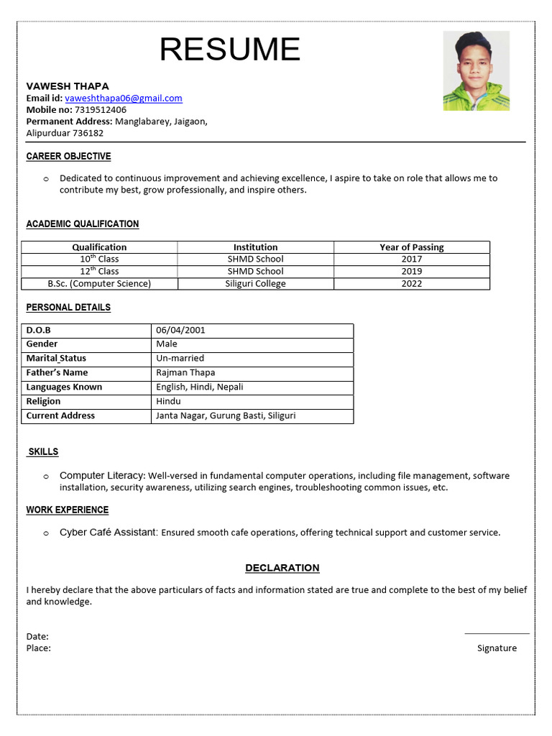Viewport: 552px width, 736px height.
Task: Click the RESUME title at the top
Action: pyautogui.click(x=229, y=50)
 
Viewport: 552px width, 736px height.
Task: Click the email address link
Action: pyautogui.click(x=123, y=98)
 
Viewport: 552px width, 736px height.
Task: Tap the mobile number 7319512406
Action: pyautogui.click(x=100, y=110)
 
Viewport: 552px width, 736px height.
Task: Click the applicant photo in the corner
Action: pyautogui.click(x=476, y=70)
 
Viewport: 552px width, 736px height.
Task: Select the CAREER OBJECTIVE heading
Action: pyautogui.click(x=68, y=157)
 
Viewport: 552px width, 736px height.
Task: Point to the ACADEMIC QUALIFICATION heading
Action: pyautogui.click(x=83, y=224)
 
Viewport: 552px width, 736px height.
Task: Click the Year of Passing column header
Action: pyautogui.click(x=412, y=247)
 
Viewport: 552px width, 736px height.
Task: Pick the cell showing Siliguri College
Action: pyautogui.click(x=255, y=283)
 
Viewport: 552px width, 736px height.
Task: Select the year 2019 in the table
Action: pyautogui.click(x=412, y=271)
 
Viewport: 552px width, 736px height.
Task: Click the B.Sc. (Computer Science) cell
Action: pyautogui.click(x=99, y=283)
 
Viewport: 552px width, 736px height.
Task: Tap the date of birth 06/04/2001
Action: pyautogui.click(x=180, y=330)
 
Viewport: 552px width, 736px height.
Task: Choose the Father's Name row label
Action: pyautogui.click(x=57, y=372)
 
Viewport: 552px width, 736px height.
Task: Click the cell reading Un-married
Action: pyautogui.click(x=180, y=358)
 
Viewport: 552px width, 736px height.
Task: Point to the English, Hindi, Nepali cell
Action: pyautogui.click(x=199, y=387)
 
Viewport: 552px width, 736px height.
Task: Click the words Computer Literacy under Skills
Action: pyautogui.click(x=102, y=476)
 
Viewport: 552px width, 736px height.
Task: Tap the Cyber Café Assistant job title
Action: pyautogui.click(x=108, y=533)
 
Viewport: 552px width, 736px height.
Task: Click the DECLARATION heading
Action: pyautogui.click(x=282, y=568)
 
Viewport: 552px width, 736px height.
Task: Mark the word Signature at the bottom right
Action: pyautogui.click(x=497, y=648)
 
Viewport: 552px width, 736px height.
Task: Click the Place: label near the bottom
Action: pyautogui.click(x=38, y=648)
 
